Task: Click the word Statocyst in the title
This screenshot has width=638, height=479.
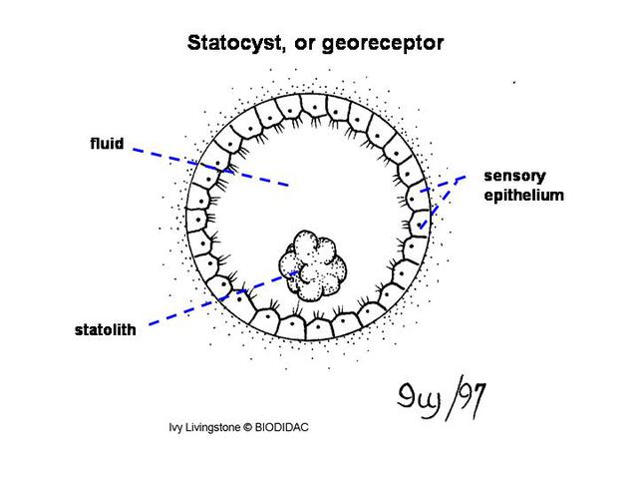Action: click(227, 43)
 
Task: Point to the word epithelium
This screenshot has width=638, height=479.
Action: click(524, 195)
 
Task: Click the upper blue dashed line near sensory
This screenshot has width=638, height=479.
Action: click(443, 183)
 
